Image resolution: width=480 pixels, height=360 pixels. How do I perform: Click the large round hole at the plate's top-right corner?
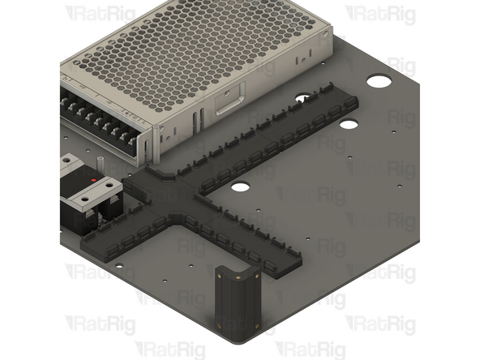tap(378, 82)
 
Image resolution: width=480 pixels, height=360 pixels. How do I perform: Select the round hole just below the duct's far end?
tap(349, 125)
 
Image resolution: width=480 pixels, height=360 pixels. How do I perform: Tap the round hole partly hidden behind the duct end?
tap(302, 99)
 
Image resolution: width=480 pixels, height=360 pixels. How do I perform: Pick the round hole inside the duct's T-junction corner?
tap(239, 186)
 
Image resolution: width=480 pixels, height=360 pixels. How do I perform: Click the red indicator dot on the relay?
tap(96, 179)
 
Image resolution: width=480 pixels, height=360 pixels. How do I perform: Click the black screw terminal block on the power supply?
tap(101, 122)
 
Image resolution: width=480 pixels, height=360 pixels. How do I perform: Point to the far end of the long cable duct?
tap(345, 101)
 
